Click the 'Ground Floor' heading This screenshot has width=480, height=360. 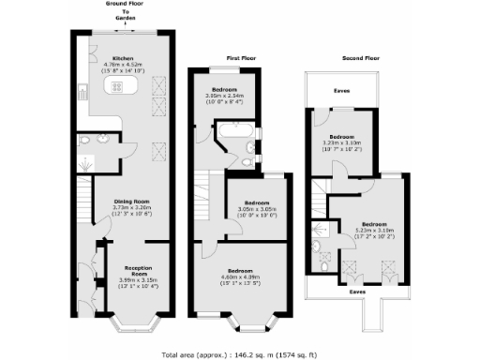(x=126, y=5)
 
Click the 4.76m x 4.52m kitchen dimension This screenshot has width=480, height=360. (x=123, y=64)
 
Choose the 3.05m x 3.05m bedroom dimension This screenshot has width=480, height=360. (x=257, y=210)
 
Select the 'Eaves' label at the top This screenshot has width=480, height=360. (x=344, y=91)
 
